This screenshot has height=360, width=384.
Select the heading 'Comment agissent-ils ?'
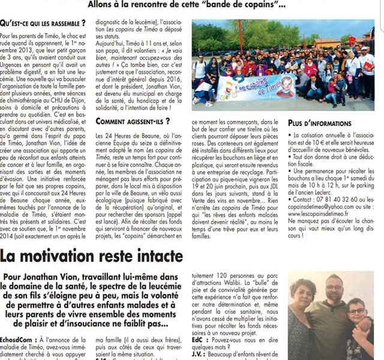tap(127, 122)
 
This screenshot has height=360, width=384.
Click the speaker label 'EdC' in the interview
tap(199, 340)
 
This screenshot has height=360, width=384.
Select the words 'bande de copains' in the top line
tap(219, 5)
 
